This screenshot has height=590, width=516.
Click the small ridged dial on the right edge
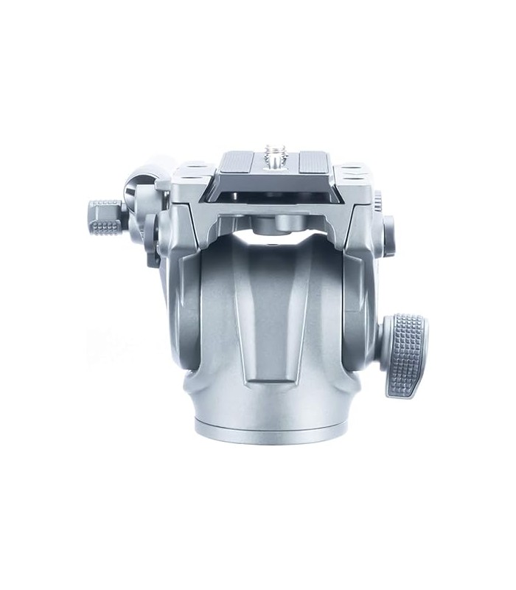click(377, 202)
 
